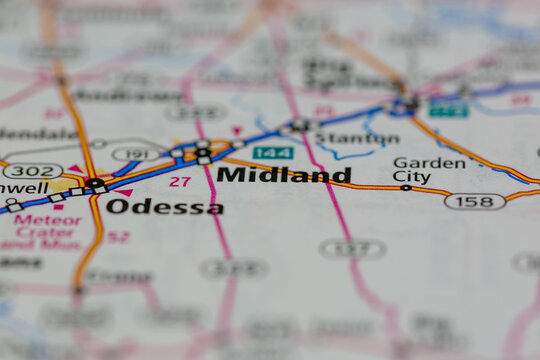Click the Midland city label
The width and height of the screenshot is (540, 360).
(x=284, y=175)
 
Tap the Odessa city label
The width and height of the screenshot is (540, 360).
(x=164, y=207)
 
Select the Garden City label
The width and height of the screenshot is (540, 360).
(x=429, y=170)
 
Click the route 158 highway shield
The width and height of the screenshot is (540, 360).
(x=474, y=201)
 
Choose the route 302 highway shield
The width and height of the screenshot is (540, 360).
(x=32, y=171)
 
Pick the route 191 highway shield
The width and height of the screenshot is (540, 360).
(x=135, y=154)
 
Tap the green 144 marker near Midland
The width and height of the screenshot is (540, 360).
(x=272, y=153)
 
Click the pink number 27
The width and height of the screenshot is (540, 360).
(x=179, y=181)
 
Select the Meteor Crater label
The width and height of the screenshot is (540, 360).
(x=47, y=227)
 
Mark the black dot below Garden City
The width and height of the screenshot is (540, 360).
(x=405, y=187)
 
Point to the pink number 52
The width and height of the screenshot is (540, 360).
(x=118, y=237)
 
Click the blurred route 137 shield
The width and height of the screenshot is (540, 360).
(x=353, y=248)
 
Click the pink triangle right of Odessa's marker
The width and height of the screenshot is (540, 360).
(x=124, y=191)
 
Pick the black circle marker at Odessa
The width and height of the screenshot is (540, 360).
(x=95, y=183)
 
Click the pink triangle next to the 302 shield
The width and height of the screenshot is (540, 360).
(x=75, y=169)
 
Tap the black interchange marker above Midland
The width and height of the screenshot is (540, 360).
(x=203, y=152)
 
